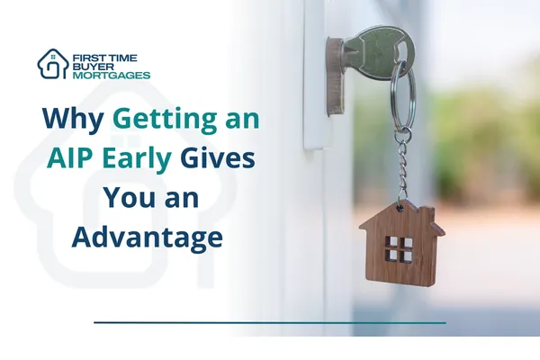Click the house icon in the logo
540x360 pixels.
pyautogui.click(x=52, y=64)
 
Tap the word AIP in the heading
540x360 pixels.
pyautogui.click(x=75, y=159)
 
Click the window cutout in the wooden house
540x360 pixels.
pyautogui.click(x=400, y=249)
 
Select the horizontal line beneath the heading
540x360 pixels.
pyautogui.click(x=270, y=321)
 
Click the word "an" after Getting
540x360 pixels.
pyautogui.click(x=238, y=120)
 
